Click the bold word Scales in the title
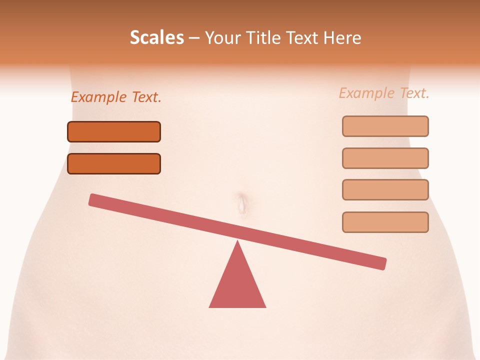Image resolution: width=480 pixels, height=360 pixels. click(x=157, y=38)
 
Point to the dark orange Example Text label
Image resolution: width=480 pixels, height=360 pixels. click(x=116, y=97)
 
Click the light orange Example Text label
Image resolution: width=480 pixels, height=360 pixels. click(x=384, y=93)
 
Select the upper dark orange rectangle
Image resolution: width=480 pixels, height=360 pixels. click(x=114, y=132)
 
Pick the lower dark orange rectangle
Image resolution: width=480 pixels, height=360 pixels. click(x=114, y=164)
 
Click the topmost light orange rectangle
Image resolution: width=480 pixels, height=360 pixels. click(x=385, y=126)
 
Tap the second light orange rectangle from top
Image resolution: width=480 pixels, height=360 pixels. click(x=385, y=158)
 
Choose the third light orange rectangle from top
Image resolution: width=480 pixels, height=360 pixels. click(x=385, y=190)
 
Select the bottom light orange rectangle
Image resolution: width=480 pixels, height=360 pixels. click(x=385, y=222)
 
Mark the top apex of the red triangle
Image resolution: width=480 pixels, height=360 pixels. click(x=237, y=242)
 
